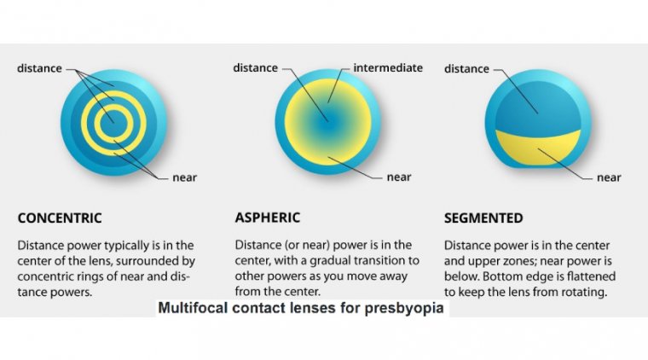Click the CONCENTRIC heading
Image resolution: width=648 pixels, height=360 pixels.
(x=60, y=218)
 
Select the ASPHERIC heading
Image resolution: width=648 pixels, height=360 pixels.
(x=268, y=218)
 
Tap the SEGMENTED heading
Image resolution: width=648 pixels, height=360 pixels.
(x=483, y=218)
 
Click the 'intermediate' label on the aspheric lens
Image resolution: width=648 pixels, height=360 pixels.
(x=388, y=67)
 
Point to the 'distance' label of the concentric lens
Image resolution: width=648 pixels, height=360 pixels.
(x=39, y=68)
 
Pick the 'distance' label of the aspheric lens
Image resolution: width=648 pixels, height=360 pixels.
(x=256, y=67)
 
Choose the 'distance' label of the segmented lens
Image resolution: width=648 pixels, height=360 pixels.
(x=466, y=68)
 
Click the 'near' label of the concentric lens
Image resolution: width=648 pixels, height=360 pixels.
(x=185, y=177)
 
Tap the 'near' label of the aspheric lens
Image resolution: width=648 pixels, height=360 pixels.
(x=399, y=177)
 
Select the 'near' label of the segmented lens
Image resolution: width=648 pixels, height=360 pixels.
(x=609, y=177)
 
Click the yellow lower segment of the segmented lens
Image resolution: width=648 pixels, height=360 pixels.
(x=538, y=149)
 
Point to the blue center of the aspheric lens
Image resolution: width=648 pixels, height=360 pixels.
(x=328, y=122)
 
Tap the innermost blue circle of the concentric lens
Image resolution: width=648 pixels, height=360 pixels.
(x=113, y=123)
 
